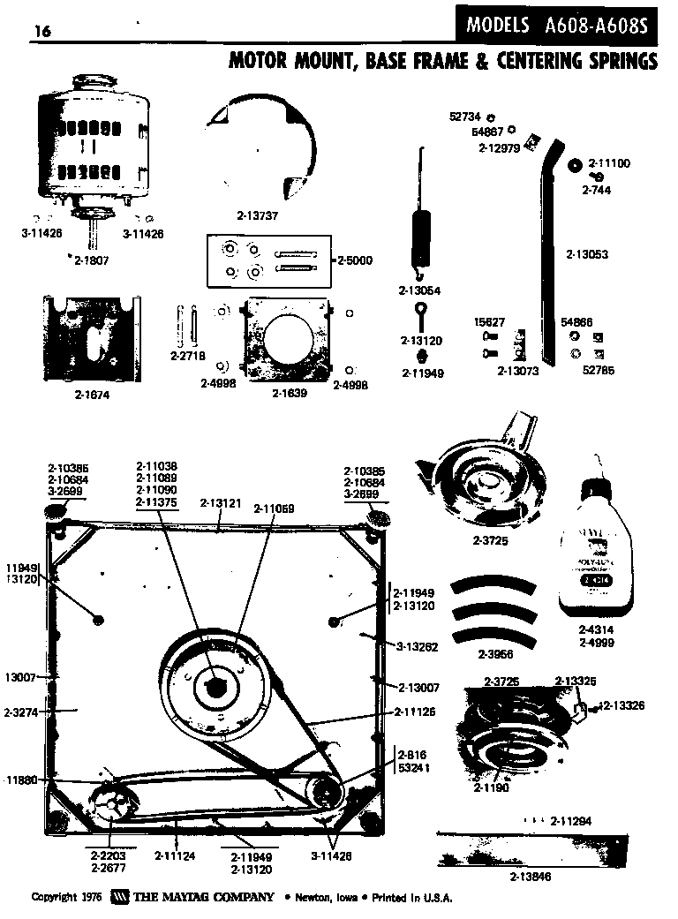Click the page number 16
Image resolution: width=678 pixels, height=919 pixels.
(x=41, y=32)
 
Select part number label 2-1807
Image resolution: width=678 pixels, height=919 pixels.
(x=90, y=260)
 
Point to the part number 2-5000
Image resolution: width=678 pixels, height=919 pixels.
(x=356, y=260)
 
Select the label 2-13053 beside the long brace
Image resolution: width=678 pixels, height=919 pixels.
(x=587, y=254)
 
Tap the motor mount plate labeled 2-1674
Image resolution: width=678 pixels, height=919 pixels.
(x=91, y=339)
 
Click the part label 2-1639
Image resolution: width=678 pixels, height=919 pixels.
(x=289, y=393)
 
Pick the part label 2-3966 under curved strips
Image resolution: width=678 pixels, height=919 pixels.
(x=495, y=654)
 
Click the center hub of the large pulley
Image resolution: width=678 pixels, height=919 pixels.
(x=215, y=682)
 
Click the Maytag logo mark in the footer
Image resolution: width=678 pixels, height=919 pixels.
(x=120, y=897)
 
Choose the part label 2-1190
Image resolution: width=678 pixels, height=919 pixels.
(x=492, y=787)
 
